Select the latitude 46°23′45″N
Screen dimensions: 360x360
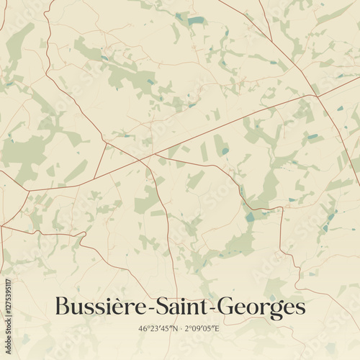click(x=157, y=328)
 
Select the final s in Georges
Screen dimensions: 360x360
click(x=300, y=309)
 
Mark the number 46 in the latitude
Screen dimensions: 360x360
click(x=142, y=328)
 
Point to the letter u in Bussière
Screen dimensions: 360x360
click(x=78, y=309)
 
